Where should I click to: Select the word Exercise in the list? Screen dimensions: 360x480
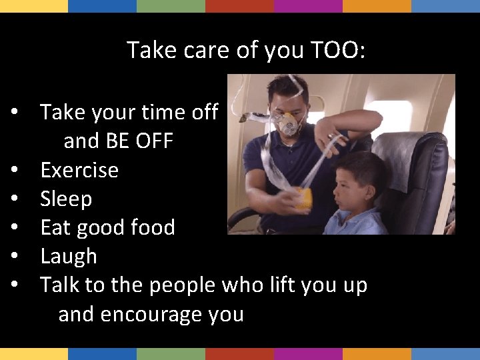[x=79, y=170]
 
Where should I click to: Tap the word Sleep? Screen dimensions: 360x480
[x=66, y=199]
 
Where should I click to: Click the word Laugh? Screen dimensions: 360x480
[x=69, y=256]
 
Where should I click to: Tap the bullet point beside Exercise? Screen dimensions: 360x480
[x=14, y=171]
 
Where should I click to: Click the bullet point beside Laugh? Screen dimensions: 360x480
[x=14, y=257]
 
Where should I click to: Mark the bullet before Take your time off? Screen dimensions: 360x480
[x=14, y=113]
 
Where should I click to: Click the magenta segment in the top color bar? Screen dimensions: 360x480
[x=308, y=6]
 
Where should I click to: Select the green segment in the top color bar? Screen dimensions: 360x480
[x=171, y=6]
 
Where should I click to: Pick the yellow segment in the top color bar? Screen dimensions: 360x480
[x=34, y=6]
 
